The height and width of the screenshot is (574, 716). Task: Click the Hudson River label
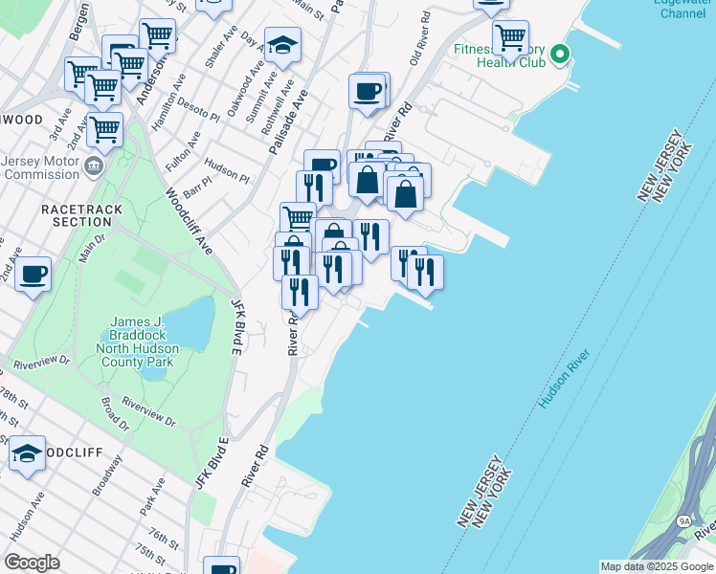pos(565,380)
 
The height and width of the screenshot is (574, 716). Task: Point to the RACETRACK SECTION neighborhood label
pos(76,214)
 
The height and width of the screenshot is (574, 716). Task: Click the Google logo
pos(33,563)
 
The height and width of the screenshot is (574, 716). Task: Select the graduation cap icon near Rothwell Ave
pos(282,45)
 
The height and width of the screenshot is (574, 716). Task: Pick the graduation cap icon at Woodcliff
pos(28,453)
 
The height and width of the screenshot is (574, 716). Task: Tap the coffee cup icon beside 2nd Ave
pos(34,275)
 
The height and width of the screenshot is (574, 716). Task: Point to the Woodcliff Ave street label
pos(188,219)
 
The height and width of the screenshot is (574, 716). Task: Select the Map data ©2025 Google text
pos(657,566)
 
